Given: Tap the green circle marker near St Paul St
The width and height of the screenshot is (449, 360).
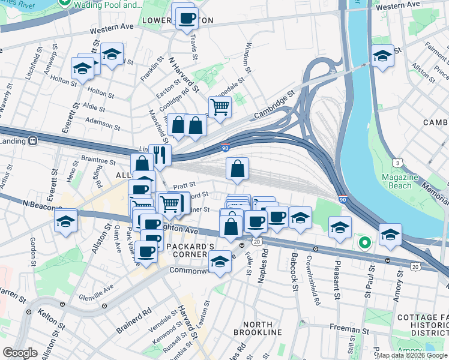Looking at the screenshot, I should (364, 243).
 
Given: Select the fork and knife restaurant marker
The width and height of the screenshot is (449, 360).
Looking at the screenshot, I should (160, 155).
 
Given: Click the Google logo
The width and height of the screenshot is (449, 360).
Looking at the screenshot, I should (20, 353).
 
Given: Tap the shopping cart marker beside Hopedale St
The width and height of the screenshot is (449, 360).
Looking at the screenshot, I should (220, 107).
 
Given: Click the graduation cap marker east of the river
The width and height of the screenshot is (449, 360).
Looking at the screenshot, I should (382, 56).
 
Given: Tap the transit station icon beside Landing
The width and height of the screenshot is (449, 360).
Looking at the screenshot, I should (34, 140).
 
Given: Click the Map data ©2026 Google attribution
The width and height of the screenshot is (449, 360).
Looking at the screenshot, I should (412, 355).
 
